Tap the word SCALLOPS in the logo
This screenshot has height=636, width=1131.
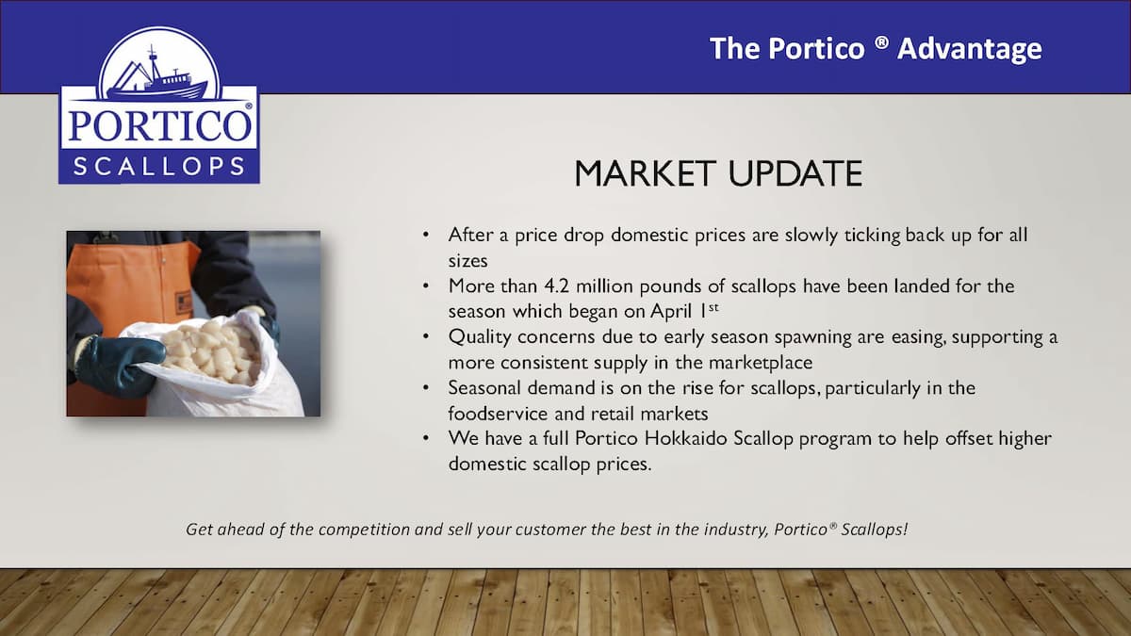159,167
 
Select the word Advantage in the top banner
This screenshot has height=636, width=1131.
970,49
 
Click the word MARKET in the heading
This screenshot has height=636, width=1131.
646,173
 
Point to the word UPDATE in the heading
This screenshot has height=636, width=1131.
795,173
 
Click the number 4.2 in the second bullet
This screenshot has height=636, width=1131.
556,286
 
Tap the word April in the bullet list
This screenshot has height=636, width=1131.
671,311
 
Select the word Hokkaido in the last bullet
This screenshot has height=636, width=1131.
686,438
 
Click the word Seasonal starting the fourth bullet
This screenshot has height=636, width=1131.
484,387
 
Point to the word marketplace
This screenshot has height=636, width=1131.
761,363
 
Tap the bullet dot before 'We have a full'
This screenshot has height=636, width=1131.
426,437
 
